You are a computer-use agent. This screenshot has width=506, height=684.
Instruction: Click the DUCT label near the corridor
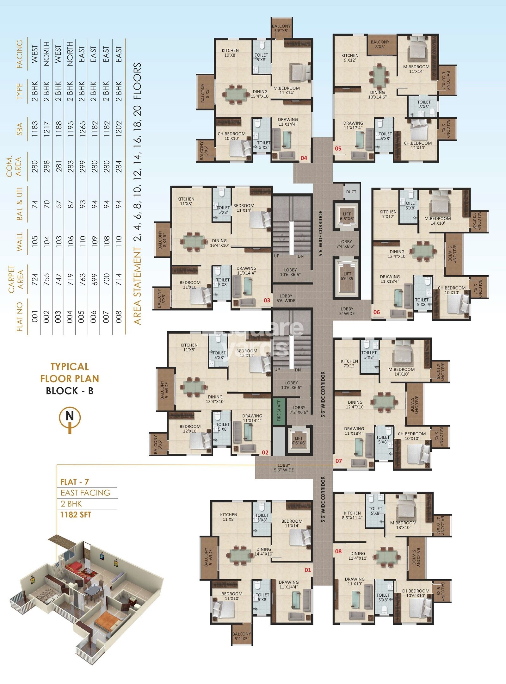[351, 192]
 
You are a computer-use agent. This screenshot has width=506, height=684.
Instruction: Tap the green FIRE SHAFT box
[279, 411]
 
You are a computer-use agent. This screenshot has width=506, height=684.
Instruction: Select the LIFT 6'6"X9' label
[347, 276]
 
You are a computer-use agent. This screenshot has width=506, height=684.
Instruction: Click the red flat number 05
[338, 148]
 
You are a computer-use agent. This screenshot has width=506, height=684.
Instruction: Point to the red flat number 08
[338, 551]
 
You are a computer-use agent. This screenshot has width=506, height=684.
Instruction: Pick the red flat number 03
[267, 300]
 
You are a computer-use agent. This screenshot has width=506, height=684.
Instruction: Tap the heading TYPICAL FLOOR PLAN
[70, 372]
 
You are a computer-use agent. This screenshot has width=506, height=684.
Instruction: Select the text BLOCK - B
[70, 391]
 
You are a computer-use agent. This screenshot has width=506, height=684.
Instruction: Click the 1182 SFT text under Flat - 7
[76, 515]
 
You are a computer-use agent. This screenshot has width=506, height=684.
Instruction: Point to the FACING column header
[20, 53]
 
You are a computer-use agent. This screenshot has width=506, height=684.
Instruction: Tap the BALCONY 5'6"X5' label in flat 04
[281, 28]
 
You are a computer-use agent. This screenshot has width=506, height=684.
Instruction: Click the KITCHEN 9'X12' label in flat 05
[350, 58]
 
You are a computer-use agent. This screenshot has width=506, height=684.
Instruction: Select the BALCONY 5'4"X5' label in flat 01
[242, 636]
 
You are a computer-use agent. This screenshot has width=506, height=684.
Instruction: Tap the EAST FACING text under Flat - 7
[85, 493]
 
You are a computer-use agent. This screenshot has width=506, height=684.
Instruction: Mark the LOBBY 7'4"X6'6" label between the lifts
[345, 244]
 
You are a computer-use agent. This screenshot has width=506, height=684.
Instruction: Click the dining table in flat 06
[423, 251]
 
